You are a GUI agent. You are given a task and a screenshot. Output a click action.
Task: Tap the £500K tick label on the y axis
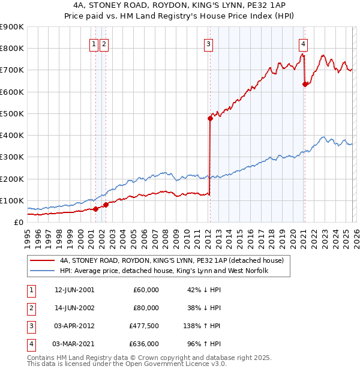click(11, 113)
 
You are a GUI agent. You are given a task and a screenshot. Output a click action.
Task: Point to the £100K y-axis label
click(11, 200)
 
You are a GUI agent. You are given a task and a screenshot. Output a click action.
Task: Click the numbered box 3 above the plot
click(208, 44)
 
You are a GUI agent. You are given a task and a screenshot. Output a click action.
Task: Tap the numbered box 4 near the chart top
click(304, 44)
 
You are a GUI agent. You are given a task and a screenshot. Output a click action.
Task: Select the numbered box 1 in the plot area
click(94, 44)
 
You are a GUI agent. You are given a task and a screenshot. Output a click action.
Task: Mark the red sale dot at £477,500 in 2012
click(210, 118)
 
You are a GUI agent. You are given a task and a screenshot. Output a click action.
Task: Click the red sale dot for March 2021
click(305, 84)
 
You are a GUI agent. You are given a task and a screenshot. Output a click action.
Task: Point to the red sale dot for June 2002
click(106, 205)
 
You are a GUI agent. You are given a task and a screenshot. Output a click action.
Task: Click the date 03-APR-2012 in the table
click(74, 328)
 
